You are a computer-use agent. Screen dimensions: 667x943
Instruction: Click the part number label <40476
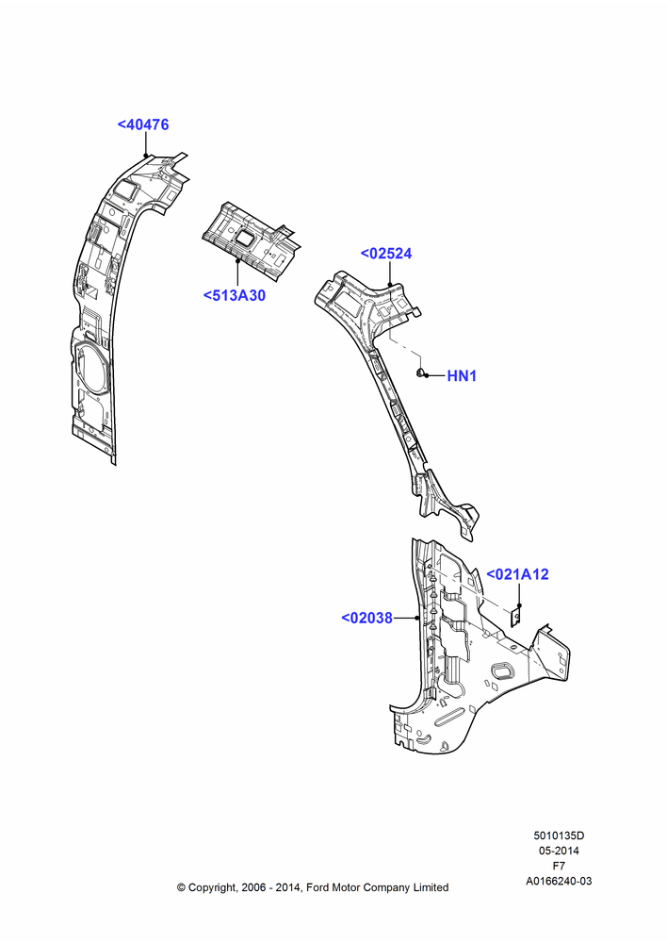[143, 124]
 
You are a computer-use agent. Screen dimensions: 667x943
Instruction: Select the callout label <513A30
[235, 296]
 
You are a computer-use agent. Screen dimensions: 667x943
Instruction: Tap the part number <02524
[386, 254]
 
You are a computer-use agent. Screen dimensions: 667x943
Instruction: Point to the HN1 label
[462, 376]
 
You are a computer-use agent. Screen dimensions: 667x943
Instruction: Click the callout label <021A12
[517, 574]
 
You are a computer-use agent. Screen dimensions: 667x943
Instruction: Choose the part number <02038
[367, 618]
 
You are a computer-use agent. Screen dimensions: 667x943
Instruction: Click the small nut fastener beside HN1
[422, 372]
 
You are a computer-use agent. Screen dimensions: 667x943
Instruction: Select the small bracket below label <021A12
[515, 618]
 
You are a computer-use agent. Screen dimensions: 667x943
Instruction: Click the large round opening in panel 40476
[90, 368]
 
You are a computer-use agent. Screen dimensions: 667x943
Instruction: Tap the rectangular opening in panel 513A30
[245, 238]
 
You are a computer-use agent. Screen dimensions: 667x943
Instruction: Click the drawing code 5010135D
[559, 835]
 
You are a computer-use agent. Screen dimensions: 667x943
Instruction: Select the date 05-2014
[559, 851]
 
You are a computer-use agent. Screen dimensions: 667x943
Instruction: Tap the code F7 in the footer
[559, 866]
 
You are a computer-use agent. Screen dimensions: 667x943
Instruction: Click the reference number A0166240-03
[559, 881]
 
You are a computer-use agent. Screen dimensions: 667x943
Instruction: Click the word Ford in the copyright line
[317, 887]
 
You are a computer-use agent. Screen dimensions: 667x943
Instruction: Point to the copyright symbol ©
[181, 887]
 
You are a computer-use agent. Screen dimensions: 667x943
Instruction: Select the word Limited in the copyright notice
[431, 887]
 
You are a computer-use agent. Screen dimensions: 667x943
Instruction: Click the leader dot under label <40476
[145, 156]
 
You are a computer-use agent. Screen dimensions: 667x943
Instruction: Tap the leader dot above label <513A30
[237, 261]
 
